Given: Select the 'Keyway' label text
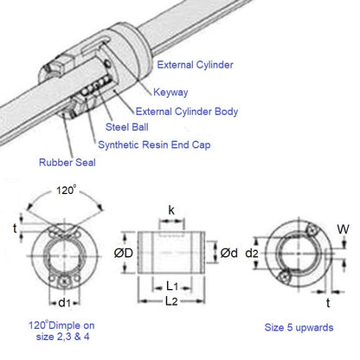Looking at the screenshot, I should (171, 93).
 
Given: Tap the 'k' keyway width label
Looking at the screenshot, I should (171, 210).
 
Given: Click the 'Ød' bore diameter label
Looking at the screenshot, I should (229, 253).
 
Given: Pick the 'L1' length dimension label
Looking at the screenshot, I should (172, 285).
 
